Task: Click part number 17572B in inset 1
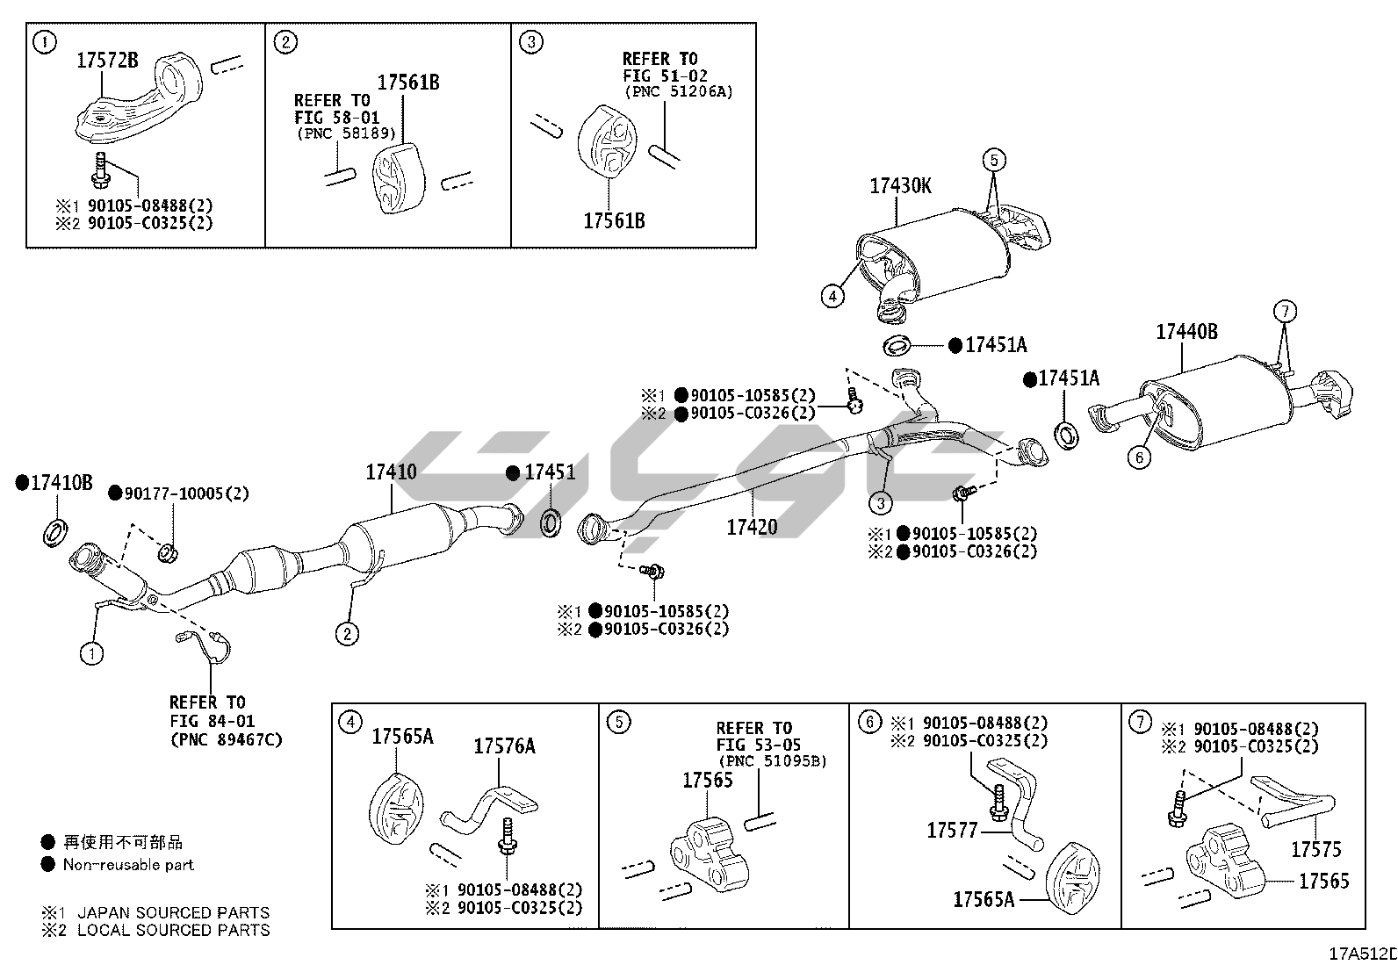(x=107, y=61)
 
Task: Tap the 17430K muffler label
(x=900, y=186)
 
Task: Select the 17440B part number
(x=1186, y=332)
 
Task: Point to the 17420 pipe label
(x=752, y=527)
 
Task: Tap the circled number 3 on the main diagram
(x=880, y=502)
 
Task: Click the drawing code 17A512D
(x=1362, y=954)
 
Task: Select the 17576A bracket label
(x=504, y=746)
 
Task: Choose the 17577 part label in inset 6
(x=952, y=830)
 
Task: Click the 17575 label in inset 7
(x=1315, y=849)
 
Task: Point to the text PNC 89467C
(x=226, y=739)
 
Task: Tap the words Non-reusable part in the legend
(x=128, y=864)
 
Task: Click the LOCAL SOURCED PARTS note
(x=173, y=930)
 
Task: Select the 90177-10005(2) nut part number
(x=186, y=494)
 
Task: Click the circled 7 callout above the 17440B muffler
(x=1284, y=311)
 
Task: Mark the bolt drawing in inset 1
(x=99, y=169)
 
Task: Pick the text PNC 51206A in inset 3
(x=678, y=91)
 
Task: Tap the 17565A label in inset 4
(x=402, y=736)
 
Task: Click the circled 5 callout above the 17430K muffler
(x=993, y=160)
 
